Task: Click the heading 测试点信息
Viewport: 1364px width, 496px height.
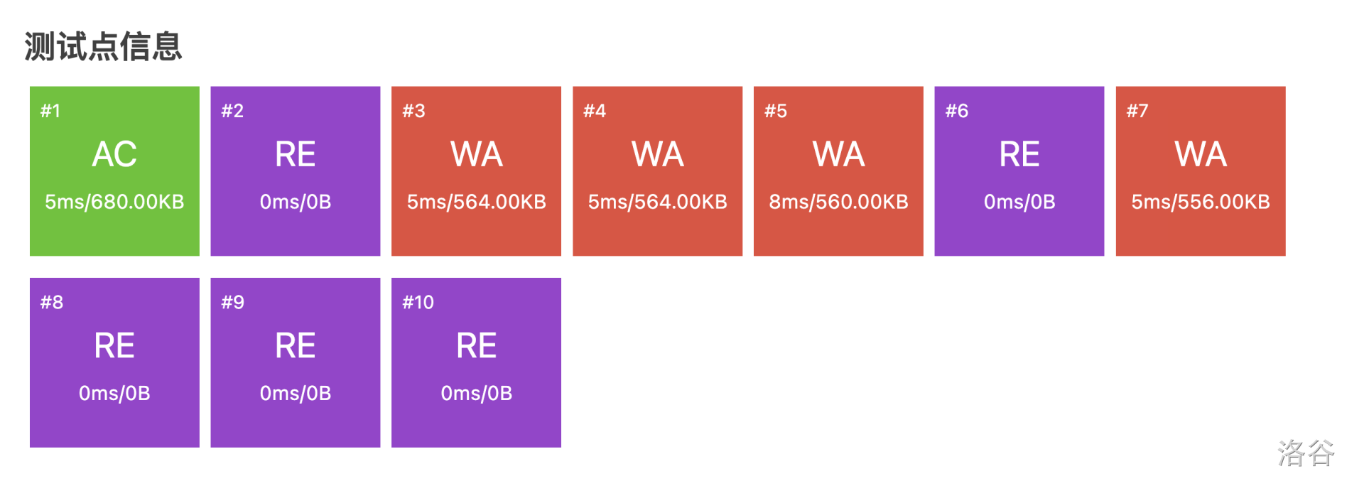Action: click(104, 47)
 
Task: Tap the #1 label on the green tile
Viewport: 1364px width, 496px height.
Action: click(50, 111)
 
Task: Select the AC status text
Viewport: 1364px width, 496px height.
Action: click(114, 154)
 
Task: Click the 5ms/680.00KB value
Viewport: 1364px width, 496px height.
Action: click(114, 202)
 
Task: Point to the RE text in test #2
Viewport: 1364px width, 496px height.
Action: click(296, 154)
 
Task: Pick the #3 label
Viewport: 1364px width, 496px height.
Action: click(413, 111)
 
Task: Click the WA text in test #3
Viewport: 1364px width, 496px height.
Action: click(477, 154)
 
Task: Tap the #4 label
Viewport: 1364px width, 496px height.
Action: click(595, 111)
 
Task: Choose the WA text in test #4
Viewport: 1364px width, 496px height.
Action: click(658, 154)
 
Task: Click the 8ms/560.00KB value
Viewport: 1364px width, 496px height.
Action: click(838, 202)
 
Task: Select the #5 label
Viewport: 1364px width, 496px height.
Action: click(776, 111)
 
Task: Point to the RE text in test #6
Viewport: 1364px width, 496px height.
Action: click(1019, 154)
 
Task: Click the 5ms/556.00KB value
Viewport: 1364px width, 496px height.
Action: click(1201, 202)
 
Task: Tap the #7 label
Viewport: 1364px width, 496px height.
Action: click(1137, 111)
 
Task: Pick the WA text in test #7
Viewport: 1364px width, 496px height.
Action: click(1201, 154)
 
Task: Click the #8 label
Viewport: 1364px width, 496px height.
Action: click(52, 302)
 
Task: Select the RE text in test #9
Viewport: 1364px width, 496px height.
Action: click(296, 346)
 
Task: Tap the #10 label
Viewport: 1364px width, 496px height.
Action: click(418, 302)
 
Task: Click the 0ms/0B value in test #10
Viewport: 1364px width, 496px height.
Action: click(477, 393)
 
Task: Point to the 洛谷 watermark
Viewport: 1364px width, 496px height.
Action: click(1306, 453)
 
